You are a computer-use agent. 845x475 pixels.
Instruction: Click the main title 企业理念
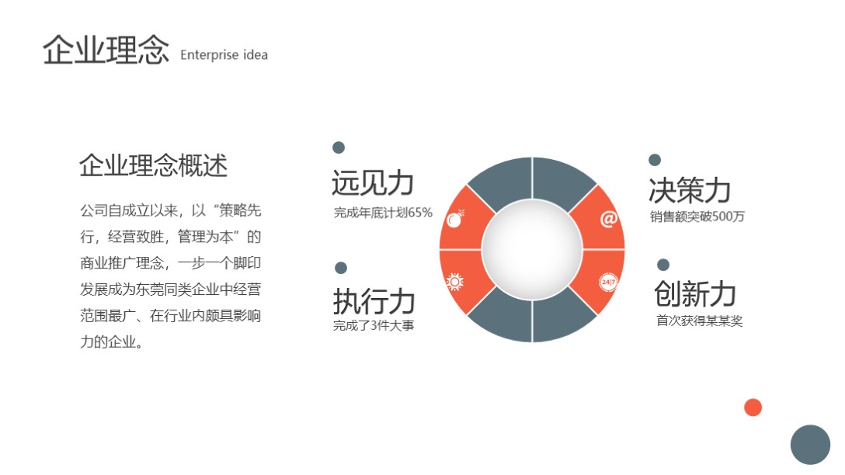coord(106,50)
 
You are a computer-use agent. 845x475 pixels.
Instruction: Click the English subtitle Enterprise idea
coord(224,55)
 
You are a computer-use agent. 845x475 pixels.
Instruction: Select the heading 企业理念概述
coord(153,165)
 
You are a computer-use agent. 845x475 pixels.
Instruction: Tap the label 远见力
coord(372,183)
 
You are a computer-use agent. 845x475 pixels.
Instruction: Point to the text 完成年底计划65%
coord(383,213)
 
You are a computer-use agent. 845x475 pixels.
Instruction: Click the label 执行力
coord(374,301)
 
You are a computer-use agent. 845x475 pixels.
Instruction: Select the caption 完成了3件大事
coord(374,325)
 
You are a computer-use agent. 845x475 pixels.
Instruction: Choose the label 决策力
coord(690,189)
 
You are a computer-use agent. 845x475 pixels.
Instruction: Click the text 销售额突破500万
coord(697,217)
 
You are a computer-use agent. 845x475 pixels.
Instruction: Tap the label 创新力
coord(694,293)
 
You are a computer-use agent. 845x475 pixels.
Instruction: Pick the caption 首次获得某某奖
coord(699,321)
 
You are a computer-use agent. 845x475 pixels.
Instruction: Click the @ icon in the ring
coord(608,220)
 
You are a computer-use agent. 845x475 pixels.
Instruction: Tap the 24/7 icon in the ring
coord(608,282)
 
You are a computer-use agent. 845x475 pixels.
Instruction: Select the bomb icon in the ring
coord(456,219)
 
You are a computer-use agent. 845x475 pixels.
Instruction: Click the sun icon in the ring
coord(455,282)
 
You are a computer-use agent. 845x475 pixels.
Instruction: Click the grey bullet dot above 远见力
coord(339,147)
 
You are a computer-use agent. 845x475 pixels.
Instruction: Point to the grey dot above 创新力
coord(662,265)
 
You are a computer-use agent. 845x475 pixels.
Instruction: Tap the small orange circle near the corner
coord(753,407)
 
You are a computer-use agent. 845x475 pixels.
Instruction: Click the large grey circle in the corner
coord(810,445)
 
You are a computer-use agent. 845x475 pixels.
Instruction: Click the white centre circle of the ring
coord(532,249)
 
